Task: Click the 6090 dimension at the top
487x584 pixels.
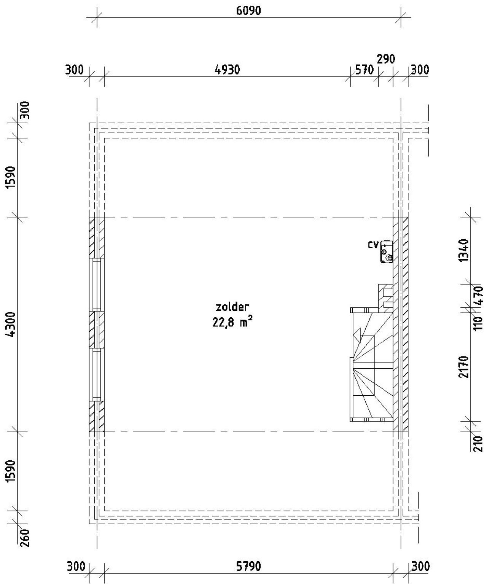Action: pyautogui.click(x=248, y=11)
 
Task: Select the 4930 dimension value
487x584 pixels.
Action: pyautogui.click(x=227, y=70)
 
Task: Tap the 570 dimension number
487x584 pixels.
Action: pyautogui.click(x=364, y=70)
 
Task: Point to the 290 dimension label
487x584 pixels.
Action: pyautogui.click(x=386, y=59)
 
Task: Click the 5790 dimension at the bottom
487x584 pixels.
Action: pyautogui.click(x=248, y=566)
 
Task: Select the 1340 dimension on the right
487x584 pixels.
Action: pyautogui.click(x=463, y=250)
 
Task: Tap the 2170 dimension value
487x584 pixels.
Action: pyautogui.click(x=463, y=367)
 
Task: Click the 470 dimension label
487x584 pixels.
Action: pyautogui.click(x=479, y=295)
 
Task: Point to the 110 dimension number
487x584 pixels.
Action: pyautogui.click(x=479, y=323)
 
